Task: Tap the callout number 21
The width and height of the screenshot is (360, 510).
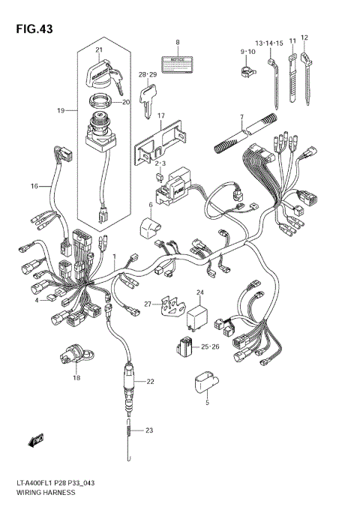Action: tap(98, 50)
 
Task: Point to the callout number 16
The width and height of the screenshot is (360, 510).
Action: tap(34, 185)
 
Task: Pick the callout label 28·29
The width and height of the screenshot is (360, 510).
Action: tap(147, 75)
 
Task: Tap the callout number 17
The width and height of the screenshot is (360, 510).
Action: tap(160, 115)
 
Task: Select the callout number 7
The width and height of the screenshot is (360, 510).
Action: tap(242, 117)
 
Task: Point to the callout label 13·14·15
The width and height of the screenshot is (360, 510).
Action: tap(268, 44)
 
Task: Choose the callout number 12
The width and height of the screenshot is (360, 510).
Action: tap(304, 37)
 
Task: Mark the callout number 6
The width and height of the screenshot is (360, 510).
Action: tap(150, 204)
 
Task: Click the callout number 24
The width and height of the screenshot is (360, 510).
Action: tap(200, 292)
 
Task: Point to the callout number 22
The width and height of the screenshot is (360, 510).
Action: tap(150, 382)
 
